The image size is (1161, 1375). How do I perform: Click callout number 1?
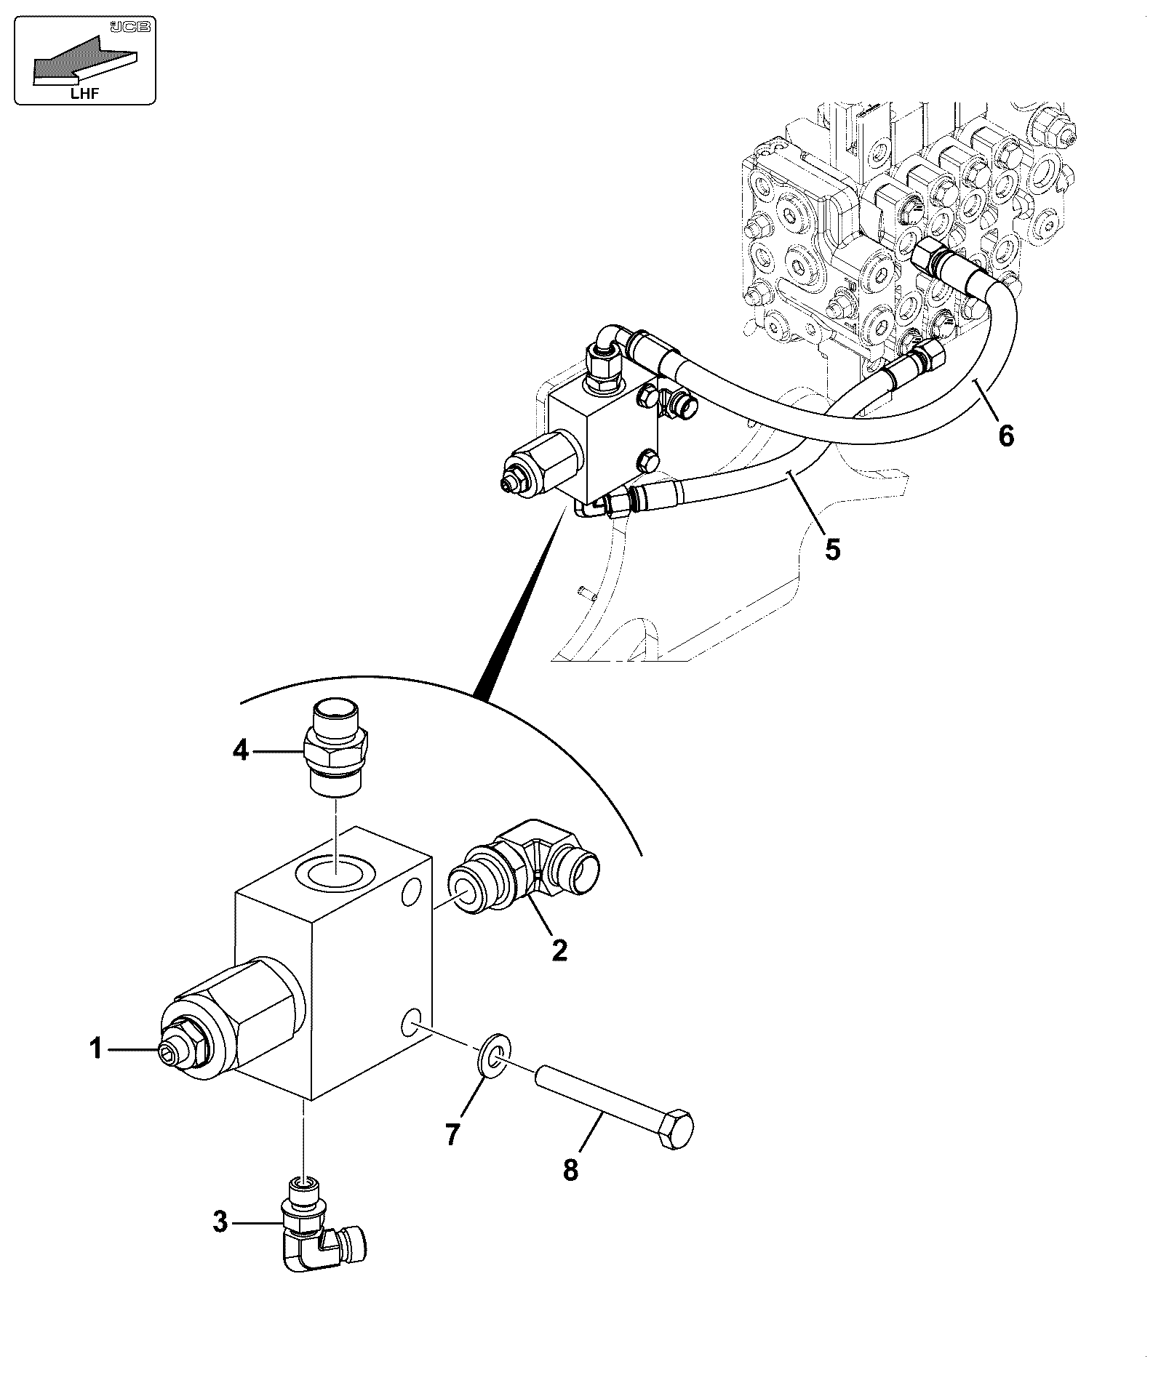pos(95,1049)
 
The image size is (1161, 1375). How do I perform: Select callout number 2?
pos(559,950)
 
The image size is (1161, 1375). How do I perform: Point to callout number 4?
pos(241,750)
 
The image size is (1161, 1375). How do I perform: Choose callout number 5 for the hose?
pos(833,550)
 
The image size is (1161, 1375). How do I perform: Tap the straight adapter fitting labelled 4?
pos(337,749)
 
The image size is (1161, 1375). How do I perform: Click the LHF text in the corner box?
pos(85,93)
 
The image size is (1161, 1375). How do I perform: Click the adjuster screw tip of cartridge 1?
pos(169,1051)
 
